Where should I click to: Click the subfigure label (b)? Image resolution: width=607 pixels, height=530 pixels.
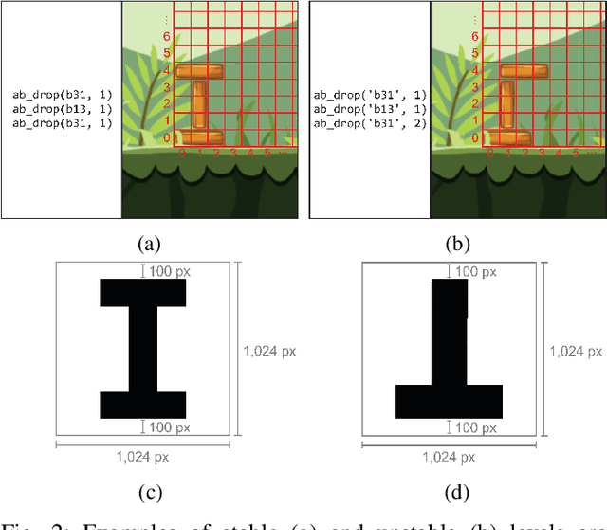(x=457, y=244)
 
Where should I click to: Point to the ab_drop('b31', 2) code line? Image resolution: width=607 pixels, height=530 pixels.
(x=366, y=123)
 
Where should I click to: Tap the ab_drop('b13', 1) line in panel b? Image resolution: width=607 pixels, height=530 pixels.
(x=366, y=109)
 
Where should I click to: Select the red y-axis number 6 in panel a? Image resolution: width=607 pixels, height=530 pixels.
(x=167, y=36)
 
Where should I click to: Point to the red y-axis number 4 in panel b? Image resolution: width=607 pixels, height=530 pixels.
(x=475, y=70)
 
